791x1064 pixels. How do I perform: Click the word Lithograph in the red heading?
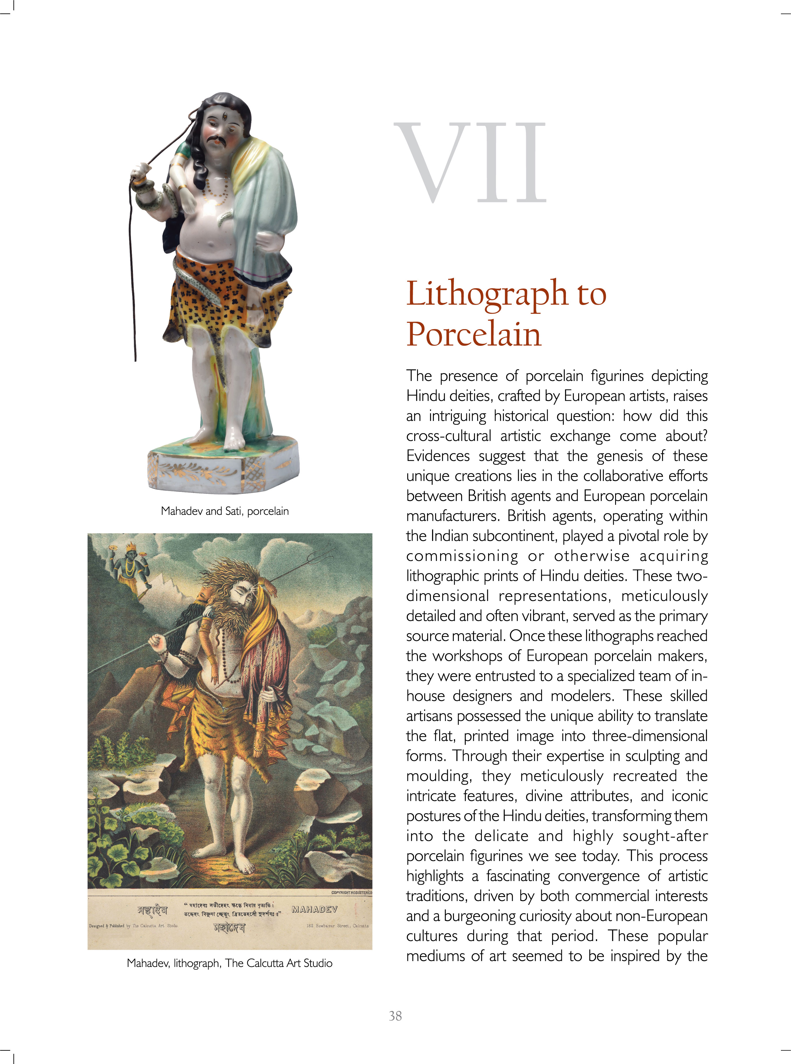(x=486, y=293)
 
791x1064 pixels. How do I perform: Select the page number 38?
(x=395, y=1016)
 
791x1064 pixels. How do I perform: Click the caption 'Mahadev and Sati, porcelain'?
(x=225, y=511)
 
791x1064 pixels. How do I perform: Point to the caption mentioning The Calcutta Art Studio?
(x=229, y=963)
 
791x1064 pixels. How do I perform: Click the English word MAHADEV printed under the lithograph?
(x=315, y=909)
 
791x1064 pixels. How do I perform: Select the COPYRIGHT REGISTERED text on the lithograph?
(x=351, y=892)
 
